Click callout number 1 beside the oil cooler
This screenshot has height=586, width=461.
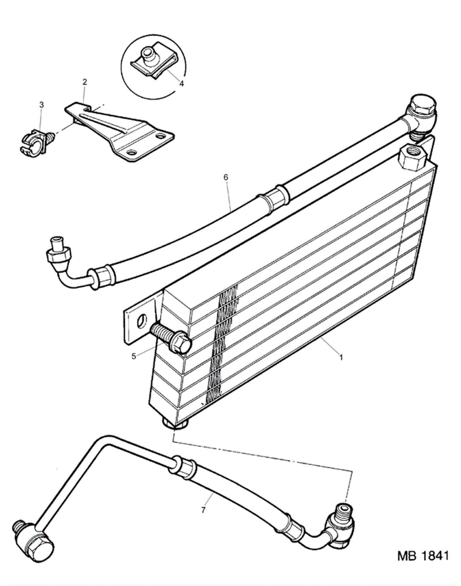[x=341, y=358]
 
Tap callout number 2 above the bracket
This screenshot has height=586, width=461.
[x=85, y=82]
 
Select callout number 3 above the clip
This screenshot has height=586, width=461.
[x=42, y=105]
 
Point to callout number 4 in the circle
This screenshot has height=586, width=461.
[x=182, y=84]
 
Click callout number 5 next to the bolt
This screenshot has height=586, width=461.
[x=134, y=357]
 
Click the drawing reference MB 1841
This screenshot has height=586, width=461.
[x=423, y=556]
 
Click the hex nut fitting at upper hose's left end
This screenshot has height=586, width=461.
[x=58, y=254]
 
